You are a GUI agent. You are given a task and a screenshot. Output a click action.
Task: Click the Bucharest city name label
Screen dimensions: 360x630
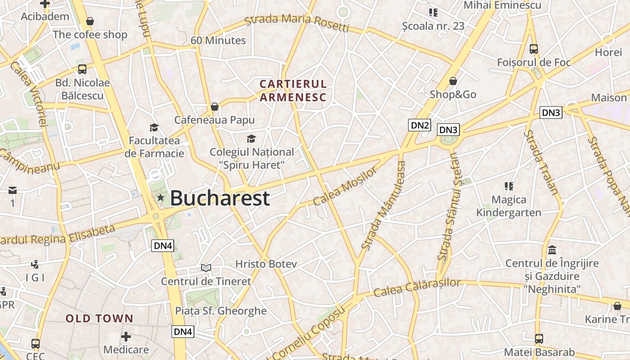click(x=220, y=198)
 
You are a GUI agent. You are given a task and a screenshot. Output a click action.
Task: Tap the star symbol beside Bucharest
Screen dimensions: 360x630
click(x=161, y=198)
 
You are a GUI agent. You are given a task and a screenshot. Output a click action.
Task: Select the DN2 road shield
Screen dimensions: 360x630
click(x=419, y=125)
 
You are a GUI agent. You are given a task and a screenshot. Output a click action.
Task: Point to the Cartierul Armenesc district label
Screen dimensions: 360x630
click(x=293, y=90)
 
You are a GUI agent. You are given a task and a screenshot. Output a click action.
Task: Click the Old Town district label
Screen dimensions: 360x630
click(x=99, y=319)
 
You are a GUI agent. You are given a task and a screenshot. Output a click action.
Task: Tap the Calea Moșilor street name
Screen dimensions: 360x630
click(x=345, y=186)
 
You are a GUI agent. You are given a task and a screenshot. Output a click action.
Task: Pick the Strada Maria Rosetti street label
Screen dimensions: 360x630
click(x=297, y=23)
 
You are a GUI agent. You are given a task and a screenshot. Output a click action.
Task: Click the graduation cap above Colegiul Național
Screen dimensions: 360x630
click(x=251, y=139)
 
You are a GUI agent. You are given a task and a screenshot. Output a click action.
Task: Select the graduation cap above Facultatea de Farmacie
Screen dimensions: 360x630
click(x=154, y=127)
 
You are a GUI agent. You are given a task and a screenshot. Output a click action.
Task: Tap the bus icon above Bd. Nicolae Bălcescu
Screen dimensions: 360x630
click(x=82, y=69)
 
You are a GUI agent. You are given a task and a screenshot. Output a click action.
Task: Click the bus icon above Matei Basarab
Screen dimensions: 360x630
click(x=539, y=339)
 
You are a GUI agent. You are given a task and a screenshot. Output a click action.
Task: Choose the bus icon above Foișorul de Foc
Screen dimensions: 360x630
click(x=534, y=49)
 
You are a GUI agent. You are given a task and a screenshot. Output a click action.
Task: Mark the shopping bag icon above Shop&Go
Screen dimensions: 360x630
click(x=453, y=81)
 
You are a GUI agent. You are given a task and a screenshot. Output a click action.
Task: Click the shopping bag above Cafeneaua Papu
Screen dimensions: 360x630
click(x=215, y=107)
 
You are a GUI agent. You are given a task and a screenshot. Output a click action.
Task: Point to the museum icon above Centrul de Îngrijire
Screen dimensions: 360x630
click(x=552, y=250)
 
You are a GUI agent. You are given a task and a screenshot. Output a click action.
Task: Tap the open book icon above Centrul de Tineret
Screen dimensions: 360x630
click(x=206, y=268)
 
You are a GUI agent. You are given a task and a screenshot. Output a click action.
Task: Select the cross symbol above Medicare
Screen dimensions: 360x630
click(x=126, y=336)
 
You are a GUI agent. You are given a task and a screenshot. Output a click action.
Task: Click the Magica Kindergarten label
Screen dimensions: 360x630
click(x=509, y=206)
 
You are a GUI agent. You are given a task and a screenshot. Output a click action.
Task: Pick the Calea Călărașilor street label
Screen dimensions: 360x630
click(x=417, y=288)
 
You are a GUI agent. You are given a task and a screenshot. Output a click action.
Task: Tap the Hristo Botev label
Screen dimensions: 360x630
click(x=266, y=264)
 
